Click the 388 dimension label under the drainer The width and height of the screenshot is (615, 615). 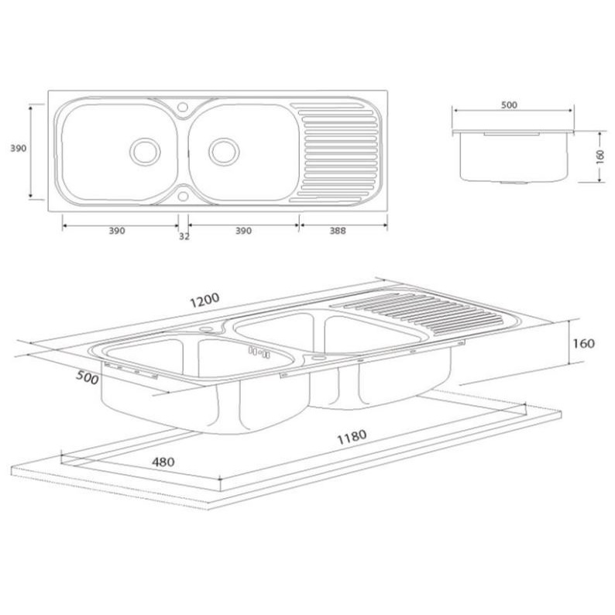tap(337, 231)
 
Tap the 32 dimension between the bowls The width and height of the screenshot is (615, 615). tap(184, 236)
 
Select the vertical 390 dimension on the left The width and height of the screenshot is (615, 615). tap(18, 148)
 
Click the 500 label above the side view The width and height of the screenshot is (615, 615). tap(509, 105)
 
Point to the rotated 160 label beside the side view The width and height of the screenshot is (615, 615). tap(600, 157)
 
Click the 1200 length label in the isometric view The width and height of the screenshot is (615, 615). tap(204, 300)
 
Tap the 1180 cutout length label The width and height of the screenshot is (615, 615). tap(352, 437)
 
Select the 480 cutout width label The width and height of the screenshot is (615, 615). tap(163, 462)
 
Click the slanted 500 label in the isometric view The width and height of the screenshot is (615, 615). tap(87, 377)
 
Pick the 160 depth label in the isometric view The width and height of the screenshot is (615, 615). tap(583, 344)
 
